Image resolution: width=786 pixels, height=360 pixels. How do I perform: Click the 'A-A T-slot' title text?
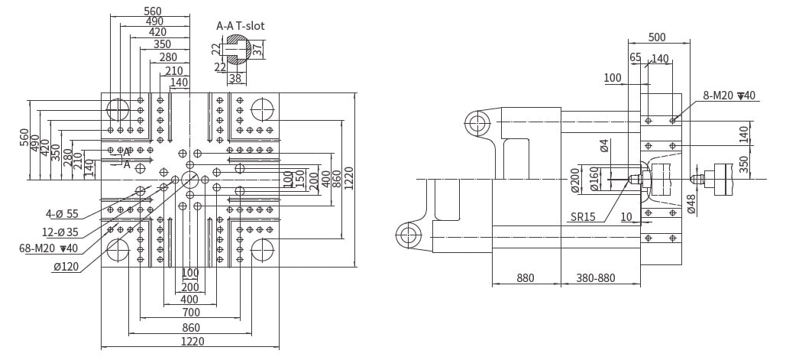[240, 25]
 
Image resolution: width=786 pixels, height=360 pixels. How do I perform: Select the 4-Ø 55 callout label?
[62, 214]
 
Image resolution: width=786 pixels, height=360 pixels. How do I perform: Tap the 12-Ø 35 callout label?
[60, 231]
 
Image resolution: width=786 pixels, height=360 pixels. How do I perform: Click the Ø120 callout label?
[67, 266]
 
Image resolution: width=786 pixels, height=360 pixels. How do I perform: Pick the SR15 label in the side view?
[583, 216]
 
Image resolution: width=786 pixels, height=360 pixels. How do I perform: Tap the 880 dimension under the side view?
[526, 278]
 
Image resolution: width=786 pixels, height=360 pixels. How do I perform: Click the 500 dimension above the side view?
[657, 37]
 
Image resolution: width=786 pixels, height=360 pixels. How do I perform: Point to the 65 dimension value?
[636, 57]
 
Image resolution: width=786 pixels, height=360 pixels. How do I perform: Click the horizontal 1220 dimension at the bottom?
[192, 342]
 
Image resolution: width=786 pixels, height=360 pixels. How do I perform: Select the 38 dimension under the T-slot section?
[235, 78]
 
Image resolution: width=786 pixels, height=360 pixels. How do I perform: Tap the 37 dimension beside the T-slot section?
[257, 50]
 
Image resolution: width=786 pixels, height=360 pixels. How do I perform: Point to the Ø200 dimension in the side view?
[575, 181]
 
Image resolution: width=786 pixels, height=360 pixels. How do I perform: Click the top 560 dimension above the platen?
[153, 11]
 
